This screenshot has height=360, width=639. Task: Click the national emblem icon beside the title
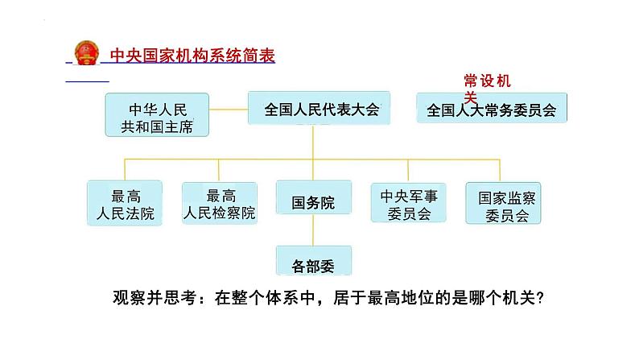tap(84, 52)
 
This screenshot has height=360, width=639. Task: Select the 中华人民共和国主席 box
tap(157, 114)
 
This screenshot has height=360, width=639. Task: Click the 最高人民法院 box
tap(124, 202)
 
